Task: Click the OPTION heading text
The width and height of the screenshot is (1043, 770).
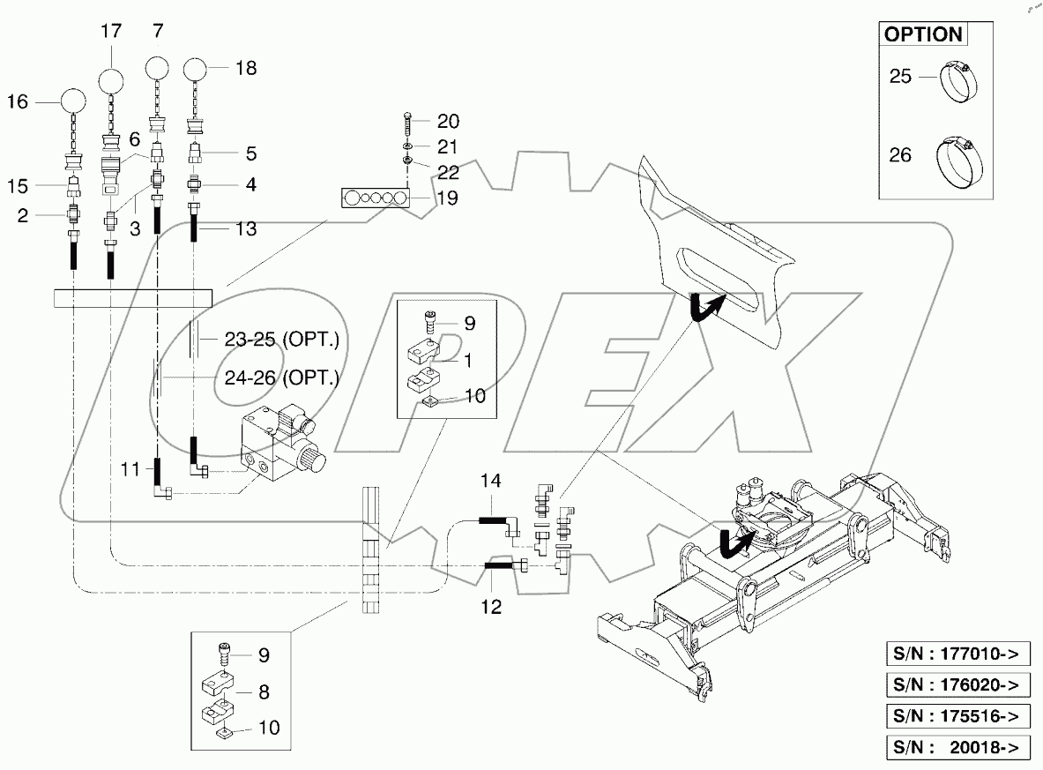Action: (x=922, y=35)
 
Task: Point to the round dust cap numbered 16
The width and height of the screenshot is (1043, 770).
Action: (x=73, y=102)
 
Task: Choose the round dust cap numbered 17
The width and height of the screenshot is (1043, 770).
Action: (x=112, y=82)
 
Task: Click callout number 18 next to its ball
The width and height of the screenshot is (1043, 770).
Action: (x=246, y=68)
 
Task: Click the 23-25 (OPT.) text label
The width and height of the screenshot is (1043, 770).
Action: (x=271, y=340)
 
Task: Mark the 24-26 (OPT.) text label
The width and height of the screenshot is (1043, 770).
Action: (x=271, y=381)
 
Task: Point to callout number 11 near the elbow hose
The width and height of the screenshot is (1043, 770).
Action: (x=130, y=470)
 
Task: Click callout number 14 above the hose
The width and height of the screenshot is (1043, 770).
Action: (x=490, y=481)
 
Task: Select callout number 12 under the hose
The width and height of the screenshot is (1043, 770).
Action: (x=491, y=606)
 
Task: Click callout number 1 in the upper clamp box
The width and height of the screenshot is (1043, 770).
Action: (x=467, y=361)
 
